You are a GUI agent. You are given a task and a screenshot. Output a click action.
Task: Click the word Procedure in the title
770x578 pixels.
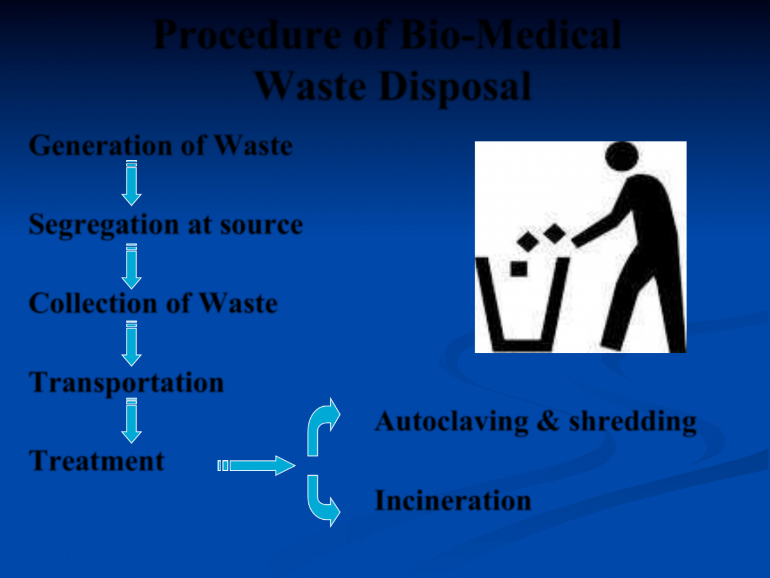click(x=247, y=35)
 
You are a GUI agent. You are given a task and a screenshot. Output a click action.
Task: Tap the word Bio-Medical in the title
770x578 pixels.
click(x=511, y=34)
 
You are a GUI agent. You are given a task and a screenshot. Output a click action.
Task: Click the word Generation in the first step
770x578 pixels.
click(x=100, y=145)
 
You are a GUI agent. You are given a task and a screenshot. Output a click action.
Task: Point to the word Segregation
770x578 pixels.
click(x=104, y=225)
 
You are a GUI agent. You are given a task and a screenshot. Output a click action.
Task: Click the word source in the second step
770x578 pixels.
click(x=261, y=225)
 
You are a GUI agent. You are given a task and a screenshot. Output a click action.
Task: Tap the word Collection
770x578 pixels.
click(x=93, y=303)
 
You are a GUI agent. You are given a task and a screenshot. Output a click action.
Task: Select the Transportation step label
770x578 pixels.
click(x=127, y=383)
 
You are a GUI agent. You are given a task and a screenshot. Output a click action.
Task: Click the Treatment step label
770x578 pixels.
click(x=97, y=461)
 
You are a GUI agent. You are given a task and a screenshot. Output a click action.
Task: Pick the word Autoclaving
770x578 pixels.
click(x=452, y=422)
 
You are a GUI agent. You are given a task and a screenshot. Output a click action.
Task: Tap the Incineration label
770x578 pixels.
click(x=453, y=501)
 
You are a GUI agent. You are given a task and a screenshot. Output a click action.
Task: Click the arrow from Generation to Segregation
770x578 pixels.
click(x=131, y=183)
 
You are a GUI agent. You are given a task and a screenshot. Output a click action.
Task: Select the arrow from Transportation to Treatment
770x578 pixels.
click(x=131, y=420)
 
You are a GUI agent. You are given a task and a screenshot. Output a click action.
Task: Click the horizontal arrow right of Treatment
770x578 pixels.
click(x=257, y=466)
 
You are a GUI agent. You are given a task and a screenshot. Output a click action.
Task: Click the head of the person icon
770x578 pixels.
click(x=621, y=156)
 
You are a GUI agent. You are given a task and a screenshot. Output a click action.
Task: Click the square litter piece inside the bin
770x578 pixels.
click(x=519, y=269)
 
